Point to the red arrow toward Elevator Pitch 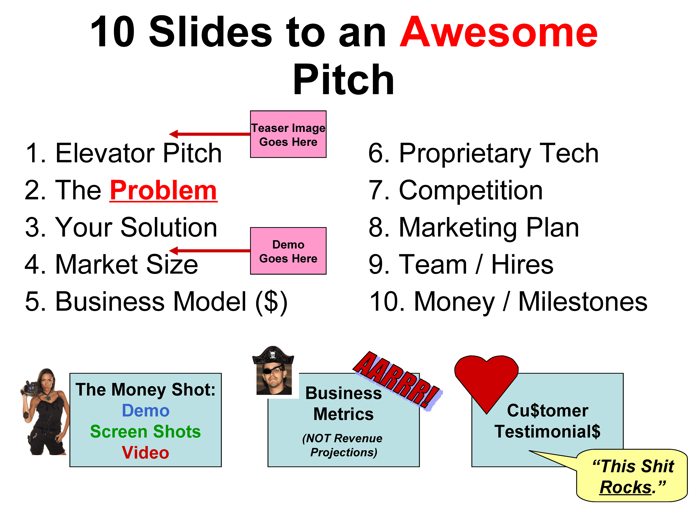click(x=208, y=134)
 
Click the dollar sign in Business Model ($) click(x=271, y=302)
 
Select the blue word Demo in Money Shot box click(x=146, y=411)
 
